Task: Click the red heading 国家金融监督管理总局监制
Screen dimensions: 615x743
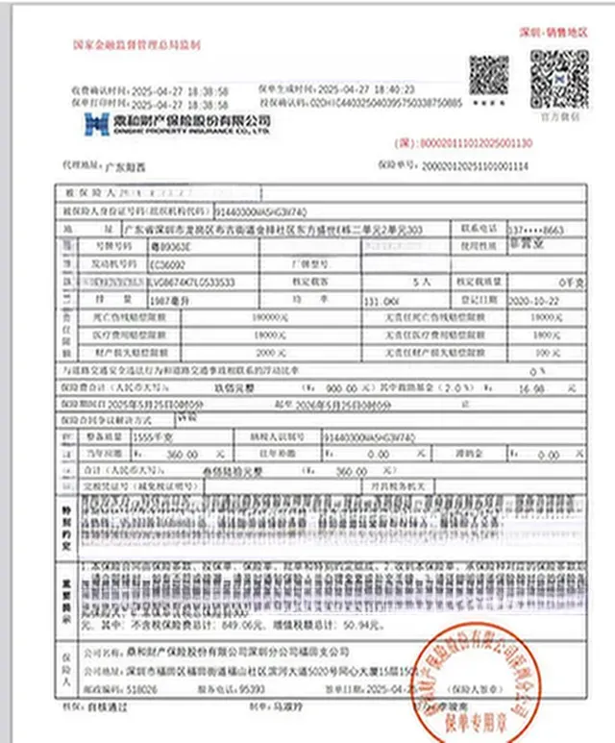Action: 136,44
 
